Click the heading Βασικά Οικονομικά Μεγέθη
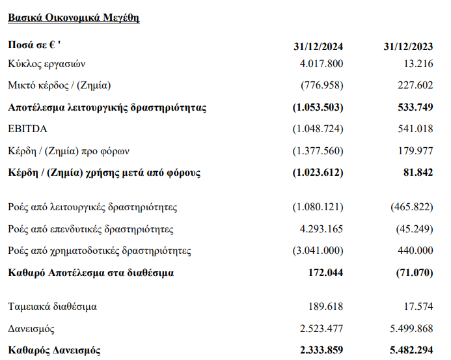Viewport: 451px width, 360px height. click(74, 18)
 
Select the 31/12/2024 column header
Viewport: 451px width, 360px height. click(319, 47)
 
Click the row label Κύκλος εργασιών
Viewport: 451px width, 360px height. click(47, 64)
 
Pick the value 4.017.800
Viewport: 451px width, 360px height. click(321, 64)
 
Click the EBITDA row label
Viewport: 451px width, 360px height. click(28, 129)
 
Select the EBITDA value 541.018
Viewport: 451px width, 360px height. click(414, 129)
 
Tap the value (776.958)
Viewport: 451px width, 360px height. click(321, 85)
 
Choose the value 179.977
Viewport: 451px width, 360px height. click(414, 151)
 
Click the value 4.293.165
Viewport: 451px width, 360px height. click(321, 229)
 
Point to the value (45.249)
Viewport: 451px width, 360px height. click(413, 229)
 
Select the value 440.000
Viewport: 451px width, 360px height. click(414, 251)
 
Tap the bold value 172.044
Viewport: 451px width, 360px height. click(323, 273)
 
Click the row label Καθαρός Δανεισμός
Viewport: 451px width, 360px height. click(54, 350)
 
